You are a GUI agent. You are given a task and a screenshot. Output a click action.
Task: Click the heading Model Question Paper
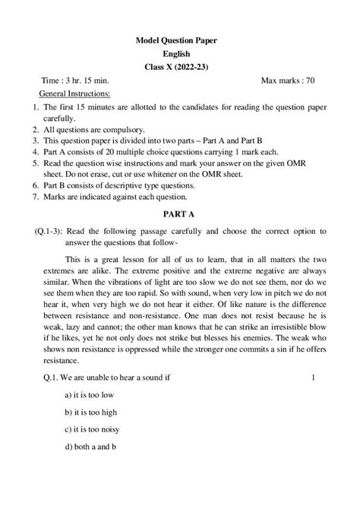180,39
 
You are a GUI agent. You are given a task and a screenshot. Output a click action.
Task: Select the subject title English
180,53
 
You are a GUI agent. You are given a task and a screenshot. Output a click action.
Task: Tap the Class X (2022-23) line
180,67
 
